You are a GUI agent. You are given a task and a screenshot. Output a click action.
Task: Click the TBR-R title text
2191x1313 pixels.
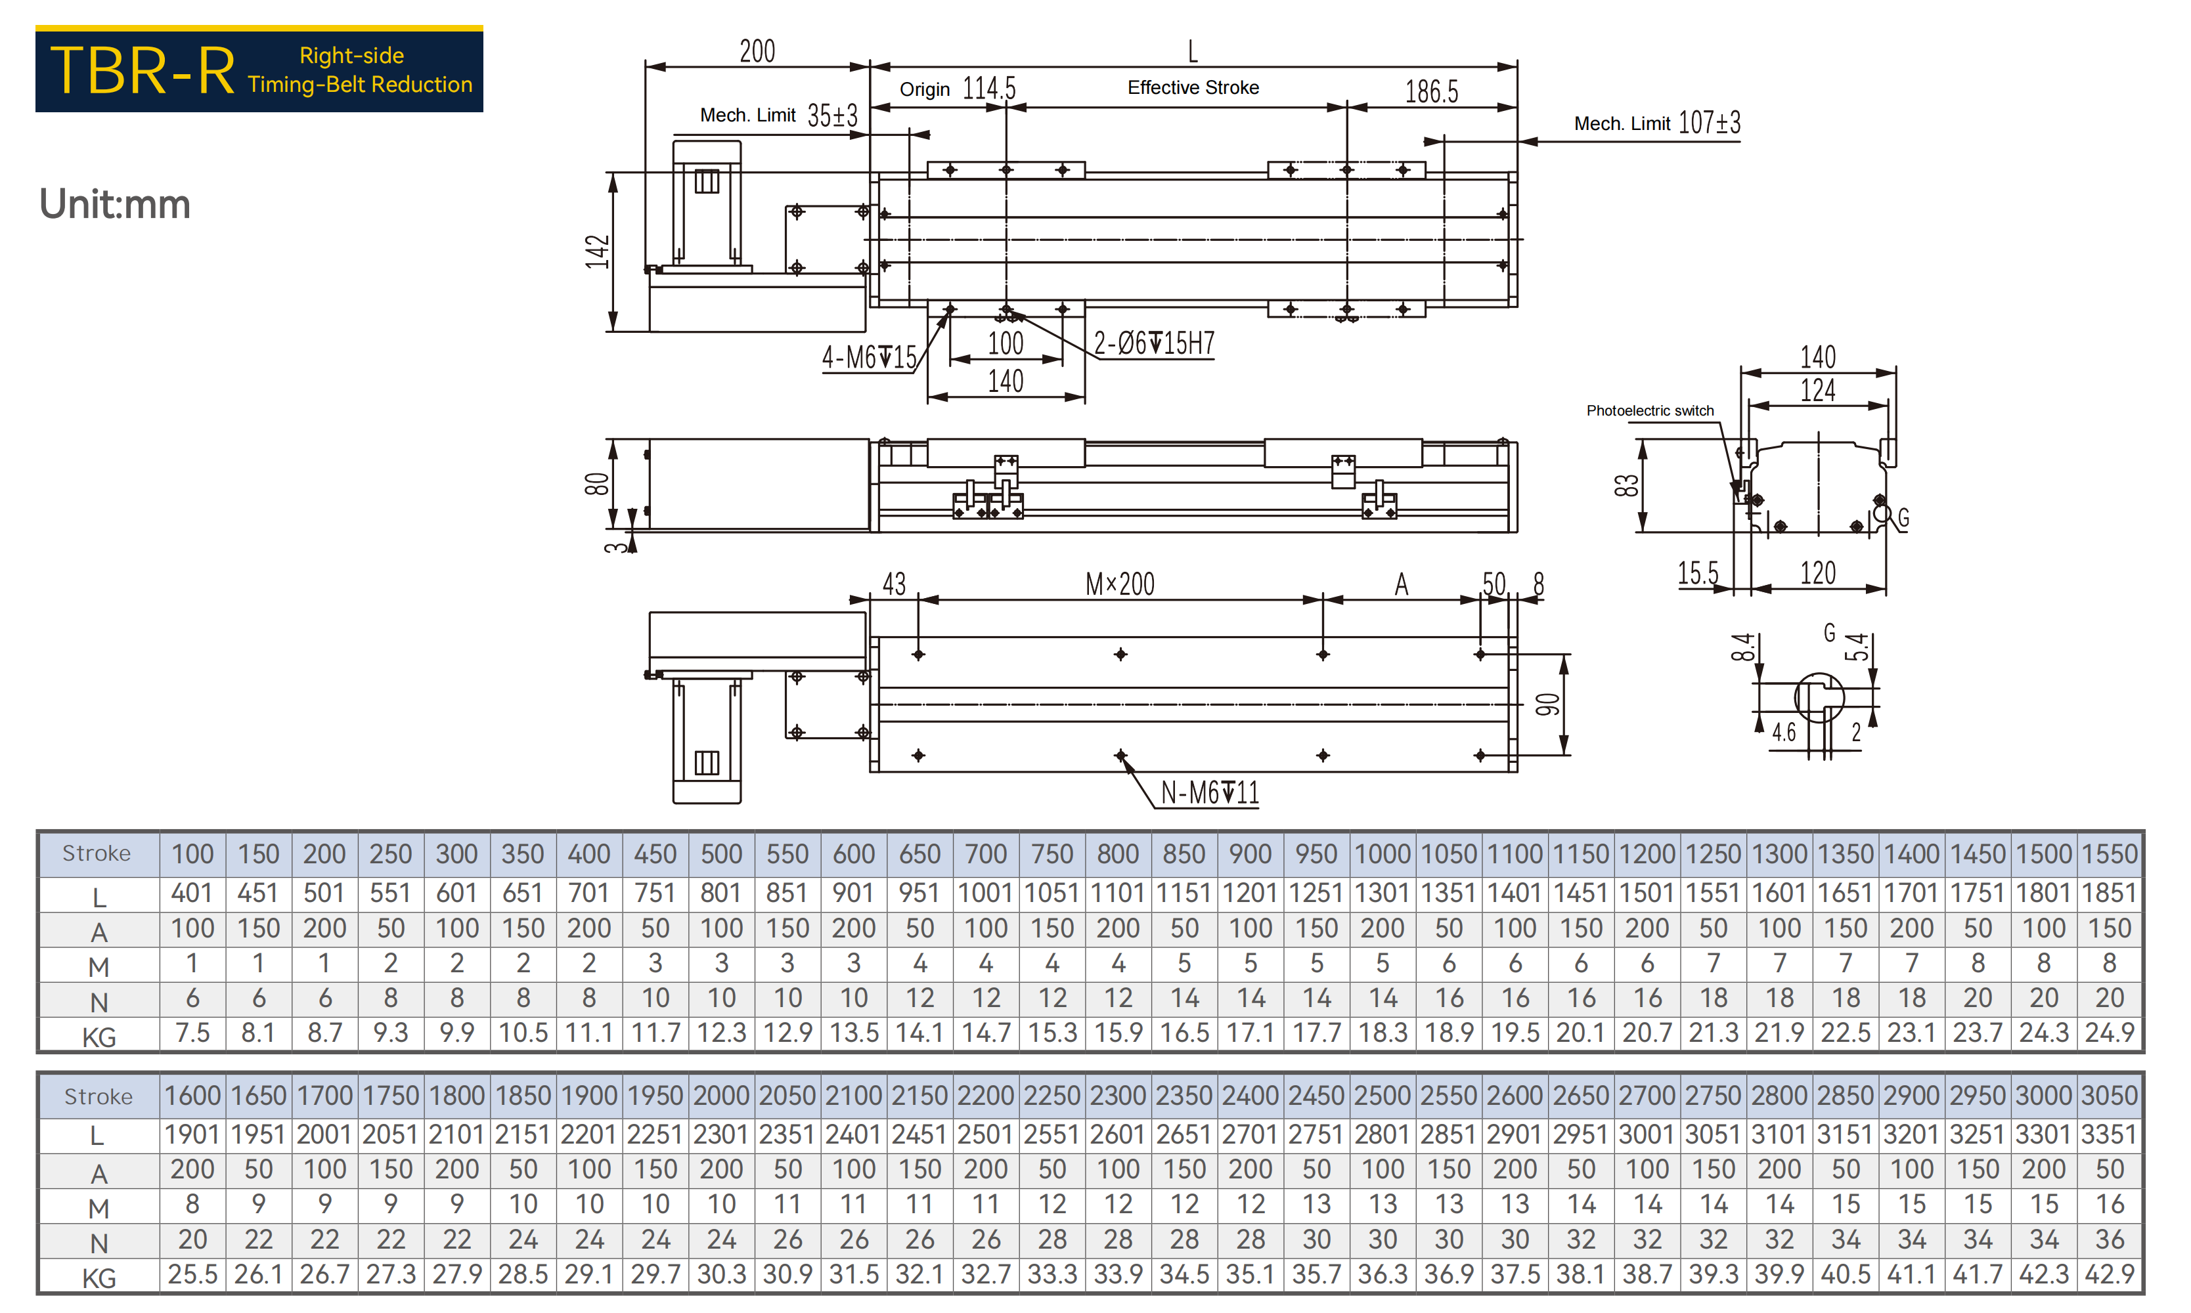pos(143,71)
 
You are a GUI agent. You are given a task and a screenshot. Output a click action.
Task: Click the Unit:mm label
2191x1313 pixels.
pos(114,204)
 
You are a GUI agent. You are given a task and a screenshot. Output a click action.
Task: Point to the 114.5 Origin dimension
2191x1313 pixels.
pos(989,89)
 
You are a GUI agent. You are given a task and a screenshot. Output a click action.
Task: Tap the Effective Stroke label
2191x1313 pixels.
pos(1193,87)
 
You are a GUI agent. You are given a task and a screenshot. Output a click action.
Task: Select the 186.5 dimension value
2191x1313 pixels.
pos(1432,91)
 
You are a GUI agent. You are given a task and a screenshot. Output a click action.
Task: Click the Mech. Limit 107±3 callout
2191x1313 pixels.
pos(1656,122)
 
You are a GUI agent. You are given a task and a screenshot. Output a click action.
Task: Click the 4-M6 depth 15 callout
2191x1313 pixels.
pos(869,357)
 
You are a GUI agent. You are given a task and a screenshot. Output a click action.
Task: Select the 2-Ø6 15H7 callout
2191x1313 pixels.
pos(1154,343)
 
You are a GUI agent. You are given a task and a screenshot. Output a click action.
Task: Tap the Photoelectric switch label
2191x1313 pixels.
pos(1649,410)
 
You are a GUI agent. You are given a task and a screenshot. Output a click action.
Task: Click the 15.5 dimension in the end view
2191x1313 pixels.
pos(1698,573)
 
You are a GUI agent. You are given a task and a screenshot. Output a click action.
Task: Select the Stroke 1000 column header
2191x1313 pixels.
pos(1383,854)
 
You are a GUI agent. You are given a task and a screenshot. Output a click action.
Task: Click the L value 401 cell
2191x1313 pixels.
pos(192,893)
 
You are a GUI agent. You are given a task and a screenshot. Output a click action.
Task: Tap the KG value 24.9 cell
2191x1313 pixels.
pos(2110,1033)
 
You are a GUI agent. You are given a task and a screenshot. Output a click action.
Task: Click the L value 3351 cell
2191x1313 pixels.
pos(2110,1134)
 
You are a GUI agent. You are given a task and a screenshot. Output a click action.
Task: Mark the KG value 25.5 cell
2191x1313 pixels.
pos(192,1274)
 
